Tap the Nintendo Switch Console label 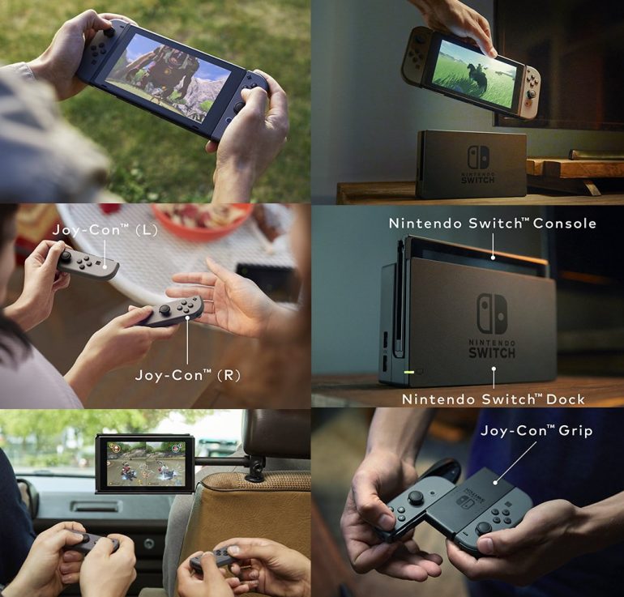[492, 223]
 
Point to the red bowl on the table [203, 220]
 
